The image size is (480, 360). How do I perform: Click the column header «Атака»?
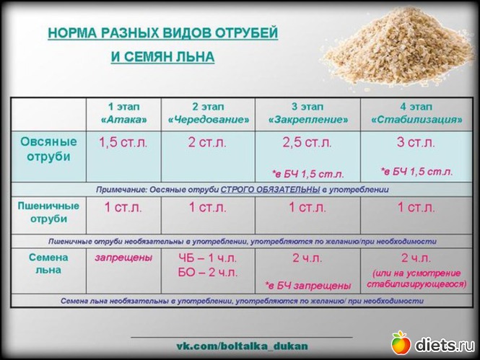[x=123, y=119]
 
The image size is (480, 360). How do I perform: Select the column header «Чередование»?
[x=209, y=119]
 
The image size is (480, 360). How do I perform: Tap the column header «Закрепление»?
[x=308, y=119]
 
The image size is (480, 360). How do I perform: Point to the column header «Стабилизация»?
[x=416, y=119]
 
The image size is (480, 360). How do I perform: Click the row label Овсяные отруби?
[x=48, y=149]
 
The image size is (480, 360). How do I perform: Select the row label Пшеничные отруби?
[x=48, y=212]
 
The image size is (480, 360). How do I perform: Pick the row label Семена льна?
[x=48, y=263]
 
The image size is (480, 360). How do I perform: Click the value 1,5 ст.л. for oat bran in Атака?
[x=123, y=143]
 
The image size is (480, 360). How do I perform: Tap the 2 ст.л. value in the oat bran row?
[x=207, y=143]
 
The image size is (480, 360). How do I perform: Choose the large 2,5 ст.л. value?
[x=307, y=143]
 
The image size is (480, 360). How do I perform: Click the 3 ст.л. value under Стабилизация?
[x=416, y=143]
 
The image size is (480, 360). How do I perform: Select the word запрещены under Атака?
[x=123, y=258]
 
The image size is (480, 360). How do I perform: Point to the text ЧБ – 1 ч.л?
[x=208, y=258]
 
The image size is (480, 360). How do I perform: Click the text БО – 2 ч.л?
[x=208, y=272]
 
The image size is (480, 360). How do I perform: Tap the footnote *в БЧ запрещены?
[x=308, y=286]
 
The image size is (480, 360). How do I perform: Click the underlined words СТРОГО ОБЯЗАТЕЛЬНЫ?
[x=270, y=190]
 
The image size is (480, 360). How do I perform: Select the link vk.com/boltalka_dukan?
[x=242, y=346]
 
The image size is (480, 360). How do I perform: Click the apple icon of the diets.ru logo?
[x=401, y=343]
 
